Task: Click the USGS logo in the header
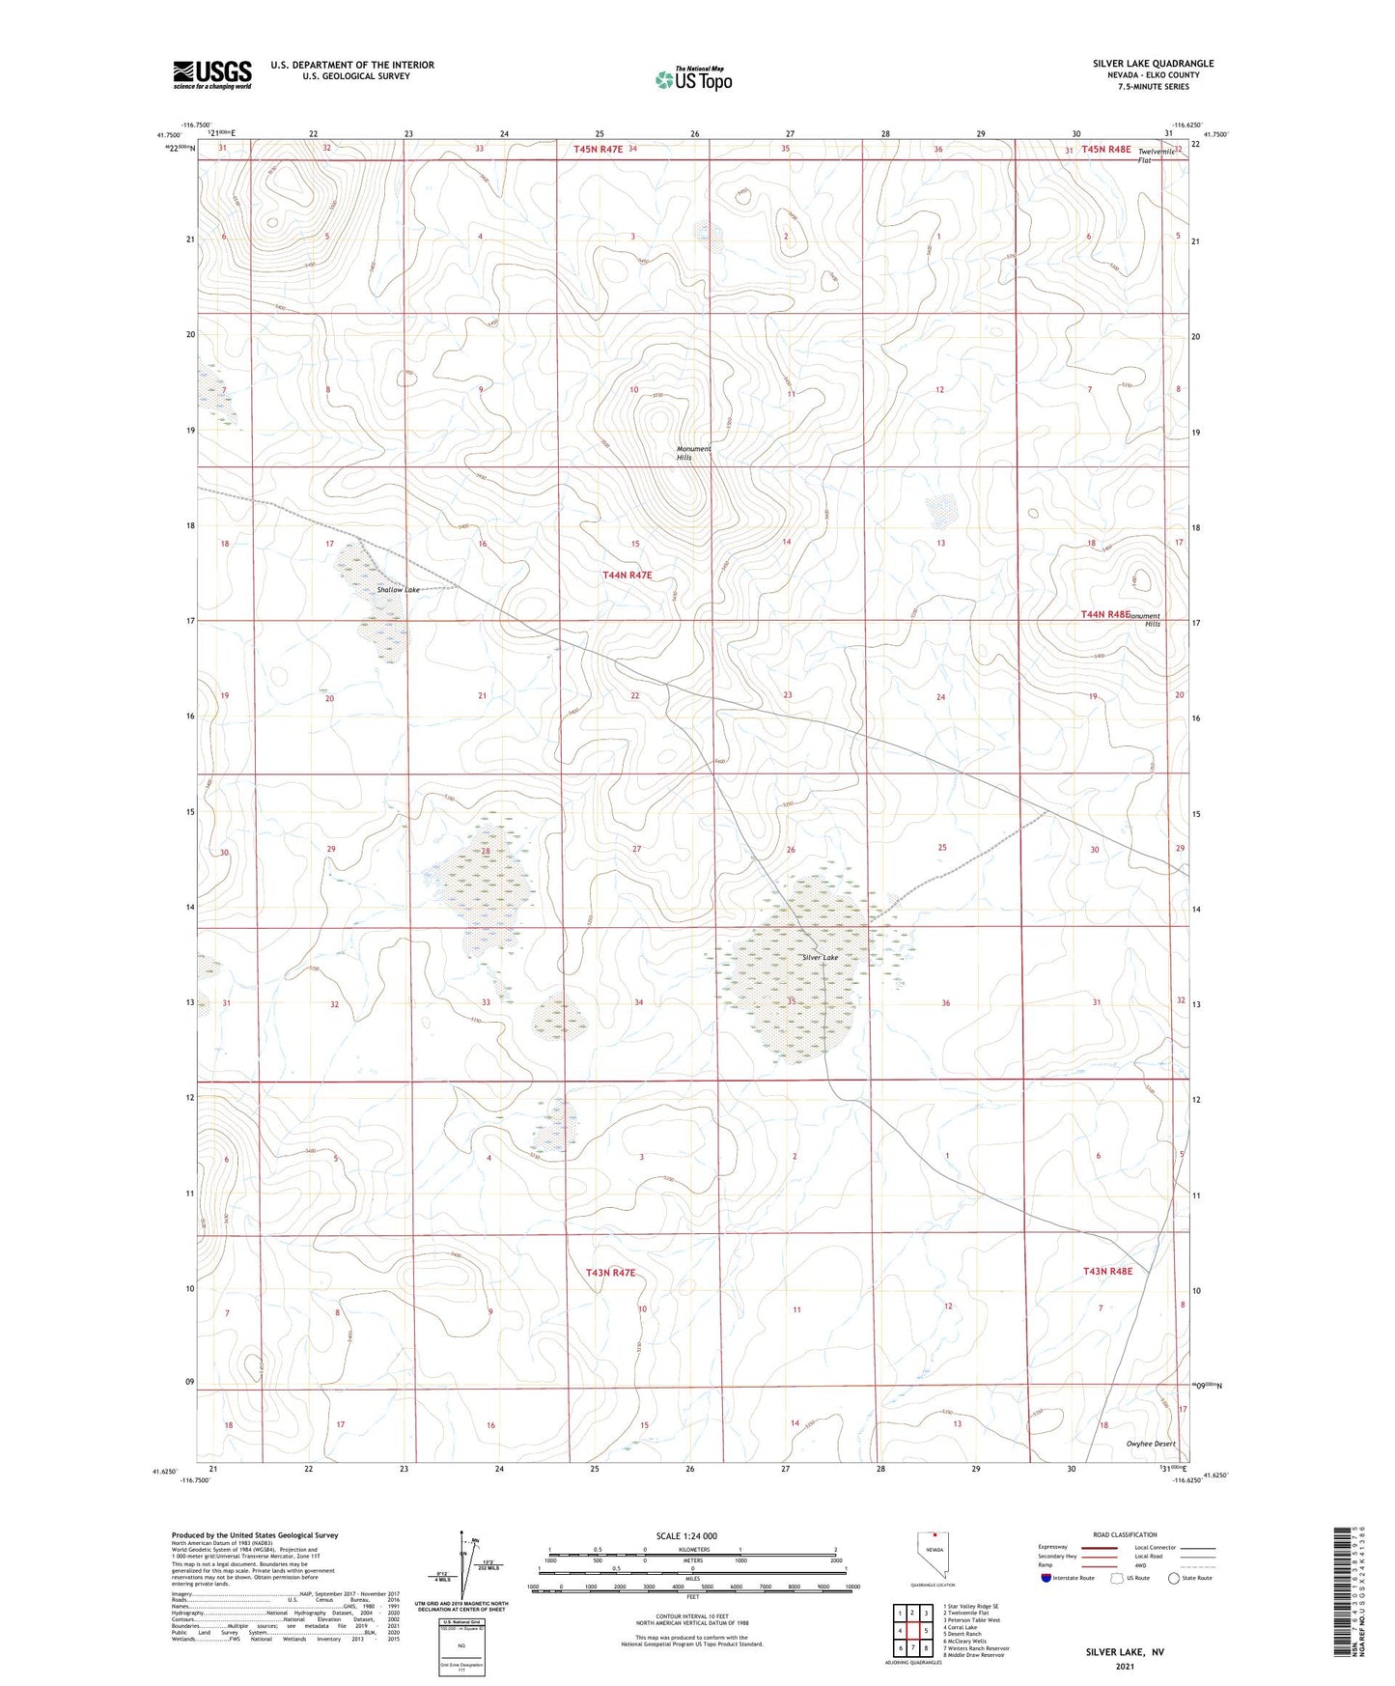pos(211,73)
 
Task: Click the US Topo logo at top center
pos(692,80)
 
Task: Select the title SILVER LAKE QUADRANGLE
pos(1153,64)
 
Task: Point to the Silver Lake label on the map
pos(821,958)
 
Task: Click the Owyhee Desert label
pos(1151,1444)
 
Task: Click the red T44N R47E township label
pos(627,575)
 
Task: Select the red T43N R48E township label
pos(1107,1272)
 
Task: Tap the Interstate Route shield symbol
pos(1046,1578)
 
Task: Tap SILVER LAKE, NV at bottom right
pos(1125,1652)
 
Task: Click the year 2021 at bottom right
pos(1125,1667)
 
